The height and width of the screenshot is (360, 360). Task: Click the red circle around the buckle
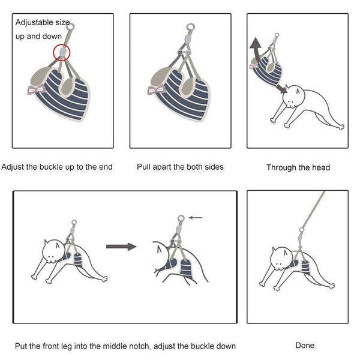pyautogui.click(x=53, y=53)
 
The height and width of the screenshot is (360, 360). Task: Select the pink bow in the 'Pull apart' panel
pyautogui.click(x=157, y=89)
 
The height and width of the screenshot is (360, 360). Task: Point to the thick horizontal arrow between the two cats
pyautogui.click(x=121, y=247)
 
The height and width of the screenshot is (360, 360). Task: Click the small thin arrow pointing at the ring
pyautogui.click(x=196, y=217)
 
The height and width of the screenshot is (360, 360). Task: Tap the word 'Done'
pyautogui.click(x=305, y=346)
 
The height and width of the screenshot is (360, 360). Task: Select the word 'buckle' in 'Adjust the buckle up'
pyautogui.click(x=52, y=167)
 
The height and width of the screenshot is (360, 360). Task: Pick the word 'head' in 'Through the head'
pyautogui.click(x=321, y=167)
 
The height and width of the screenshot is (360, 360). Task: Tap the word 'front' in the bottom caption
pyautogui.click(x=52, y=346)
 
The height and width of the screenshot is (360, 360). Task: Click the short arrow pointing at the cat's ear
pyautogui.click(x=281, y=88)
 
